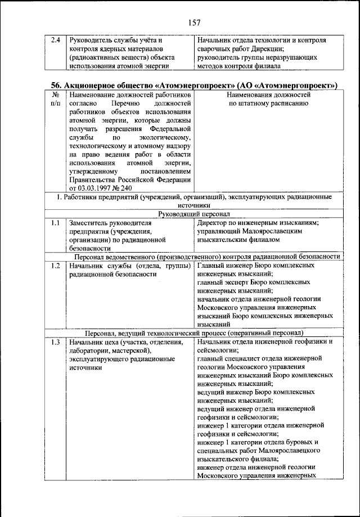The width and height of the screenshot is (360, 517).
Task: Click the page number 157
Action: pyautogui.click(x=194, y=23)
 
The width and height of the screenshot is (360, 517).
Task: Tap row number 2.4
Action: pyautogui.click(x=55, y=41)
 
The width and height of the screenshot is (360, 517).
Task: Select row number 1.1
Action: pyautogui.click(x=55, y=223)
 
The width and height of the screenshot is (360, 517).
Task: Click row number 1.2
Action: pyautogui.click(x=55, y=266)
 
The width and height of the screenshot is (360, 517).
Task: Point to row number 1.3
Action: pyautogui.click(x=55, y=341)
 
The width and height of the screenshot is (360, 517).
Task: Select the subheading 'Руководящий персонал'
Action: pyautogui.click(x=194, y=214)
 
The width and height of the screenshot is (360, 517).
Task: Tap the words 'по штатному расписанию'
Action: pyautogui.click(x=267, y=104)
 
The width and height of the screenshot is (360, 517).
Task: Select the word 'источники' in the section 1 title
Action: pyautogui.click(x=194, y=206)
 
